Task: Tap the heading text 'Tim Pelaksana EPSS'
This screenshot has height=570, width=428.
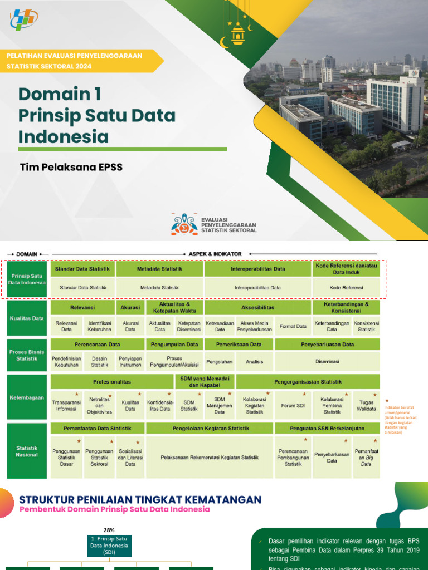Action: click(x=71, y=167)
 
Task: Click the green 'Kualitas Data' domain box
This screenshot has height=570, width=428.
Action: click(x=26, y=318)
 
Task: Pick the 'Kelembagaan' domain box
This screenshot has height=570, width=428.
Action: click(x=26, y=398)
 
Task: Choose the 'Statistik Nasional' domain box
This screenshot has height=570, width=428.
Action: click(x=26, y=451)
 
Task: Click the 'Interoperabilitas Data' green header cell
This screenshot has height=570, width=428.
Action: click(x=257, y=269)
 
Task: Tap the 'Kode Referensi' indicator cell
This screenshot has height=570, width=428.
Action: click(x=346, y=288)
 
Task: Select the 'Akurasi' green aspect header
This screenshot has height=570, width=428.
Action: click(x=130, y=307)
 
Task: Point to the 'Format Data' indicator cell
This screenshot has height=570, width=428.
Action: click(x=293, y=326)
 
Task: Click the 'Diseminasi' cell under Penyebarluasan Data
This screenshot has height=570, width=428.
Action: click(x=327, y=361)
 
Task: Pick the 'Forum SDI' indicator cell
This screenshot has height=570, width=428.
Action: click(x=293, y=406)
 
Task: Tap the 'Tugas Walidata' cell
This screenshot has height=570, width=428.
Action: click(x=366, y=406)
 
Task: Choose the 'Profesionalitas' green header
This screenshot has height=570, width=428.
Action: click(x=111, y=382)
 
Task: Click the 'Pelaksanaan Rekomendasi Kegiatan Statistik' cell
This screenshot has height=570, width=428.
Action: click(x=210, y=458)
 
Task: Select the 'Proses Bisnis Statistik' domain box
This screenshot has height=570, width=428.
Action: click(x=26, y=355)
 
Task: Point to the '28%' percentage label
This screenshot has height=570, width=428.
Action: click(x=109, y=530)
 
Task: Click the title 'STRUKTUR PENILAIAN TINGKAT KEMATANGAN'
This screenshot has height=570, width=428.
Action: click(x=140, y=499)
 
